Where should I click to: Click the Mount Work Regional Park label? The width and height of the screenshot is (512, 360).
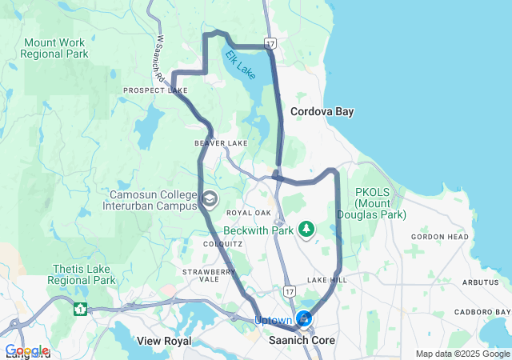tap(55, 48)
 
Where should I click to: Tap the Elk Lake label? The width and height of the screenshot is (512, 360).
tap(240, 65)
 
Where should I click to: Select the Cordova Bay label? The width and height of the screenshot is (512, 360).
tap(322, 111)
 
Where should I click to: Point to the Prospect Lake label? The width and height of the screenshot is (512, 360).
tap(155, 90)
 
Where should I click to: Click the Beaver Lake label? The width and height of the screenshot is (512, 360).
tap(221, 143)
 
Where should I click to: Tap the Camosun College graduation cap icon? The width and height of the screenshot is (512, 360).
tap(210, 199)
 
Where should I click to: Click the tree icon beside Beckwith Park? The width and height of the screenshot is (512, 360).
tap(306, 230)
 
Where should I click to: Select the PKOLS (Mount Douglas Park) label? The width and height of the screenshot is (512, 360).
tap(381, 203)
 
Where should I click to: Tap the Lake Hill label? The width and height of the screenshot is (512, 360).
tap(326, 280)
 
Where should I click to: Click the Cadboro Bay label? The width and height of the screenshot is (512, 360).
tap(482, 311)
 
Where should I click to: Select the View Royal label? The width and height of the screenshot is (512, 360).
tap(165, 341)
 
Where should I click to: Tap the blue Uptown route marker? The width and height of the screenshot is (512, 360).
tap(304, 319)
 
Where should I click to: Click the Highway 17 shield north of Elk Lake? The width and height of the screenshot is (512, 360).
tap(271, 42)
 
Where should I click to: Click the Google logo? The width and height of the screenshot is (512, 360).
tap(26, 350)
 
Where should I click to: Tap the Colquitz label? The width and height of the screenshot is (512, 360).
tap(218, 243)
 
